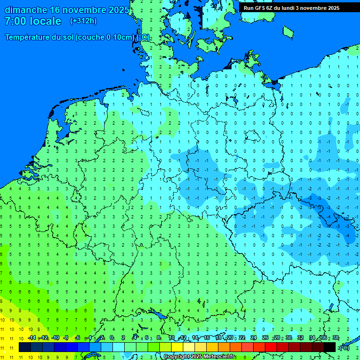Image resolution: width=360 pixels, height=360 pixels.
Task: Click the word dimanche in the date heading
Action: [26, 10]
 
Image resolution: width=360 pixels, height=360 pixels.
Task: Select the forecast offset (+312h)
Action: [83, 21]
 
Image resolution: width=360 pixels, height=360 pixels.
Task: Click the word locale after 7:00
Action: [45, 21]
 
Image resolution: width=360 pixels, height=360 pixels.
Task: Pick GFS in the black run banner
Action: [259, 8]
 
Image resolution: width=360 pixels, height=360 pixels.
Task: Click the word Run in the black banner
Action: [248, 8]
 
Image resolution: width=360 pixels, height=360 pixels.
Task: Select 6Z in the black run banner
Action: [270, 8]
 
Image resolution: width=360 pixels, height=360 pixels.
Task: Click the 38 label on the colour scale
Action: [336, 338]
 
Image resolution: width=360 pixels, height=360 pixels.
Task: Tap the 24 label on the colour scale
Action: [254, 338]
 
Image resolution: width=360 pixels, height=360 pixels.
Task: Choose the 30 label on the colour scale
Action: [289, 338]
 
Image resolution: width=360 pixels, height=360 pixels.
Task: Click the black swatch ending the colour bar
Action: [330, 347]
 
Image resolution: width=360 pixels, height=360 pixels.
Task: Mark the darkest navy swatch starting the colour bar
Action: [25, 347]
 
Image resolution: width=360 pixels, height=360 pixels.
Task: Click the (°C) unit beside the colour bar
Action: [345, 347]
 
